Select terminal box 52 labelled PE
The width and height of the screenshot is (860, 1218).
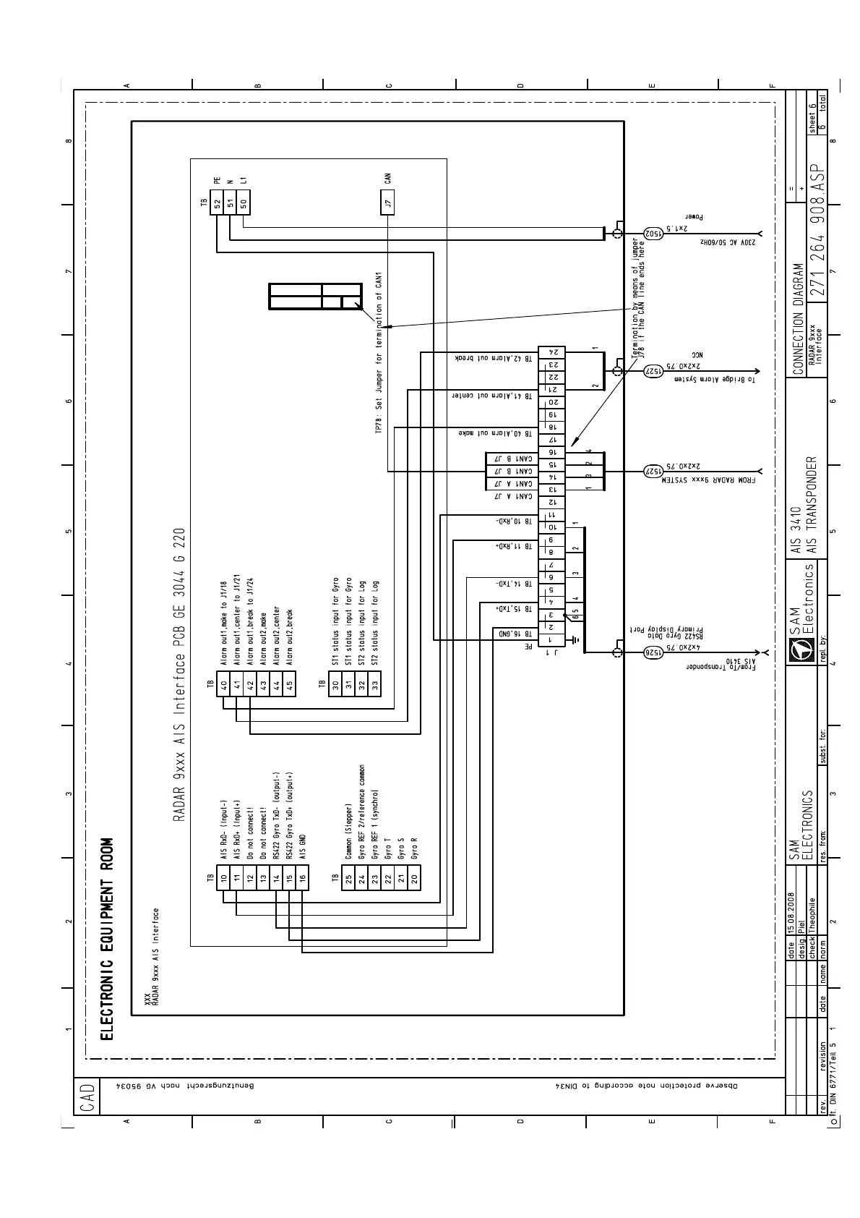coord(217,203)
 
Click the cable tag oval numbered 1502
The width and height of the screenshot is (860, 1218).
coord(652,233)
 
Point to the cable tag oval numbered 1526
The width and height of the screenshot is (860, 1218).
coord(653,651)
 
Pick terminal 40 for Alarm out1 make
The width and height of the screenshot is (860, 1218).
coord(223,684)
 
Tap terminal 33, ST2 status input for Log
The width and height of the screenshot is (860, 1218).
coord(374,684)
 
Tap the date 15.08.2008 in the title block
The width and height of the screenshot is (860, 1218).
coord(792,916)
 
